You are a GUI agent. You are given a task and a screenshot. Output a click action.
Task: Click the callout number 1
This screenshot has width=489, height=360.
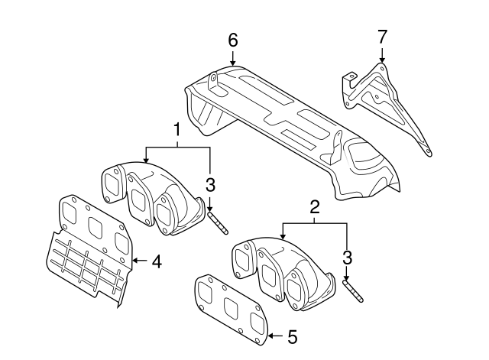(x=176, y=129)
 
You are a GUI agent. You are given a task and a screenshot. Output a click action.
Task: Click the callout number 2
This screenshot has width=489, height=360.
(x=313, y=206)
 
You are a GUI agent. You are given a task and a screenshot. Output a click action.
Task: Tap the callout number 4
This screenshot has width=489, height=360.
(x=157, y=261)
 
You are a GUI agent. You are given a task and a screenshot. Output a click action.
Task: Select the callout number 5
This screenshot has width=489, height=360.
(x=292, y=336)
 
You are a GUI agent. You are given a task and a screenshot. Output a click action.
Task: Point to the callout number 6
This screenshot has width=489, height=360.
(x=233, y=40)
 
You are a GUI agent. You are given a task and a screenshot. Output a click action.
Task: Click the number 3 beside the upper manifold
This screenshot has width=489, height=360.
(x=210, y=183)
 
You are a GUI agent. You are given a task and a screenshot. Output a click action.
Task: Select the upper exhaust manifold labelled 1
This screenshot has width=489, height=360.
(x=149, y=195)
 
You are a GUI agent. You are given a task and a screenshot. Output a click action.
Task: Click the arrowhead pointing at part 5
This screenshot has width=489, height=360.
(x=270, y=336)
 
